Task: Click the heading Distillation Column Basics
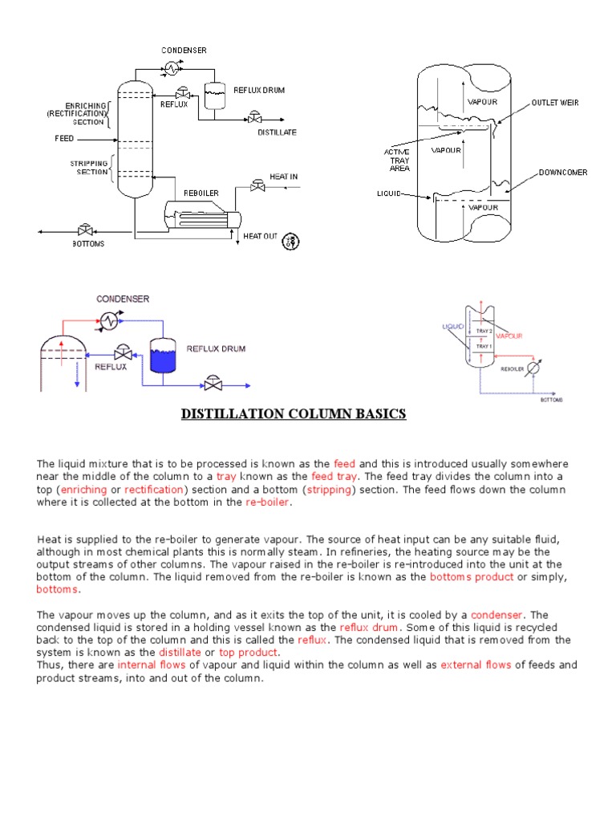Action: click(x=294, y=414)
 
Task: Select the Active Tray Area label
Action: click(x=397, y=160)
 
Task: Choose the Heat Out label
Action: click(x=260, y=236)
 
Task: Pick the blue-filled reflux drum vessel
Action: click(x=162, y=355)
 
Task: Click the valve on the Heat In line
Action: click(x=257, y=187)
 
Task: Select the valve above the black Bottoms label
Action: click(x=84, y=231)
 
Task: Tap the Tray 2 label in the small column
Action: click(x=484, y=331)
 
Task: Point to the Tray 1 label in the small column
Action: click(x=484, y=346)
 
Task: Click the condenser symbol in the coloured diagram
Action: click(x=107, y=319)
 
